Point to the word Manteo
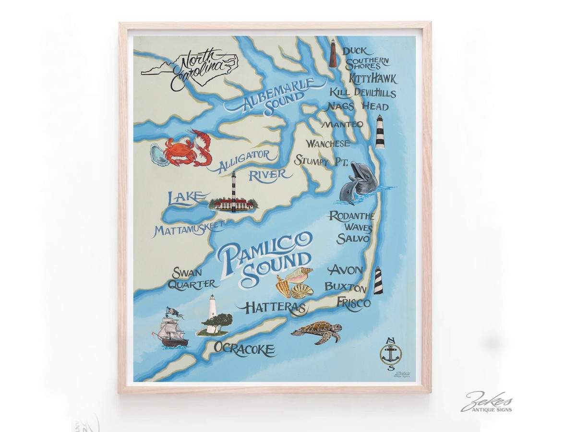coord(342,124)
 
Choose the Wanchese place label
coord(328,144)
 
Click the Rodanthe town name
coord(351,216)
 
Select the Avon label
coord(345,269)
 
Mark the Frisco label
coord(353,303)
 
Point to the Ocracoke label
coord(244,349)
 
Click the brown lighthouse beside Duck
coord(333,53)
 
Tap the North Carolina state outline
coord(190,69)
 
